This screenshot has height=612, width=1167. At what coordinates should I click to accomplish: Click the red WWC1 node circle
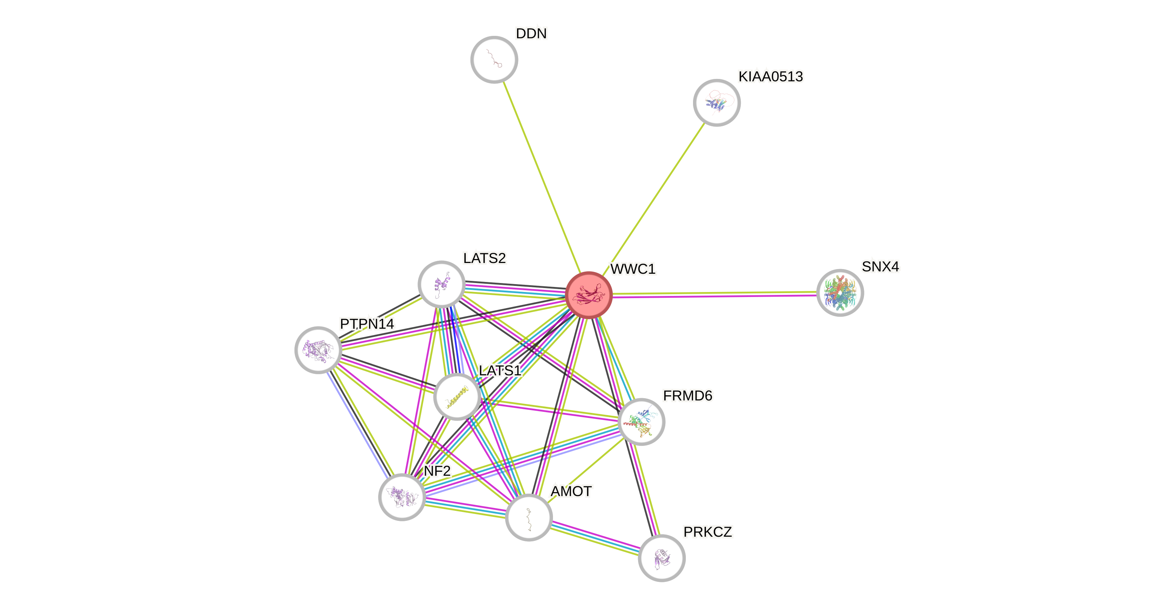point(589,295)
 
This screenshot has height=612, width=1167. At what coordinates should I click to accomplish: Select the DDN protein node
point(494,60)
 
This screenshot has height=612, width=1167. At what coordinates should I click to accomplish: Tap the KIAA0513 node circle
point(717,103)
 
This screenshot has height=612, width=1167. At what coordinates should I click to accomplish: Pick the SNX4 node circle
point(840,293)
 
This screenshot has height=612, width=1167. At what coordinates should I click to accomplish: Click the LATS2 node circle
point(442,284)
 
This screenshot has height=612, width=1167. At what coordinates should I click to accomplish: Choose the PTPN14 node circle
point(319,350)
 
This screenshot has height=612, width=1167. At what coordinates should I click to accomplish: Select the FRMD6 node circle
point(641,422)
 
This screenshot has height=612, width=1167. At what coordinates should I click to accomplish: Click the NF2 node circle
point(402,497)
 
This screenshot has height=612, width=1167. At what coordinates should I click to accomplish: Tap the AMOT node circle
point(529,517)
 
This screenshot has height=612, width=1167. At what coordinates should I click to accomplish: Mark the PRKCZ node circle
point(661,558)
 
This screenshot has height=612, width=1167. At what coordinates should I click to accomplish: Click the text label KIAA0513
point(771,76)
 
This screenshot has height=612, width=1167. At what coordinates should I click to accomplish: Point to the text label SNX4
point(880,267)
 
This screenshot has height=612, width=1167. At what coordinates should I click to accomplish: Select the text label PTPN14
point(367,324)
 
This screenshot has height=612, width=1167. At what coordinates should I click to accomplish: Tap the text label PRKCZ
point(708,532)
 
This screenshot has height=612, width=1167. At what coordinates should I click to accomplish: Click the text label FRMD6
point(687,396)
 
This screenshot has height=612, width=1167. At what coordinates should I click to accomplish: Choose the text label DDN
point(531,33)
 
